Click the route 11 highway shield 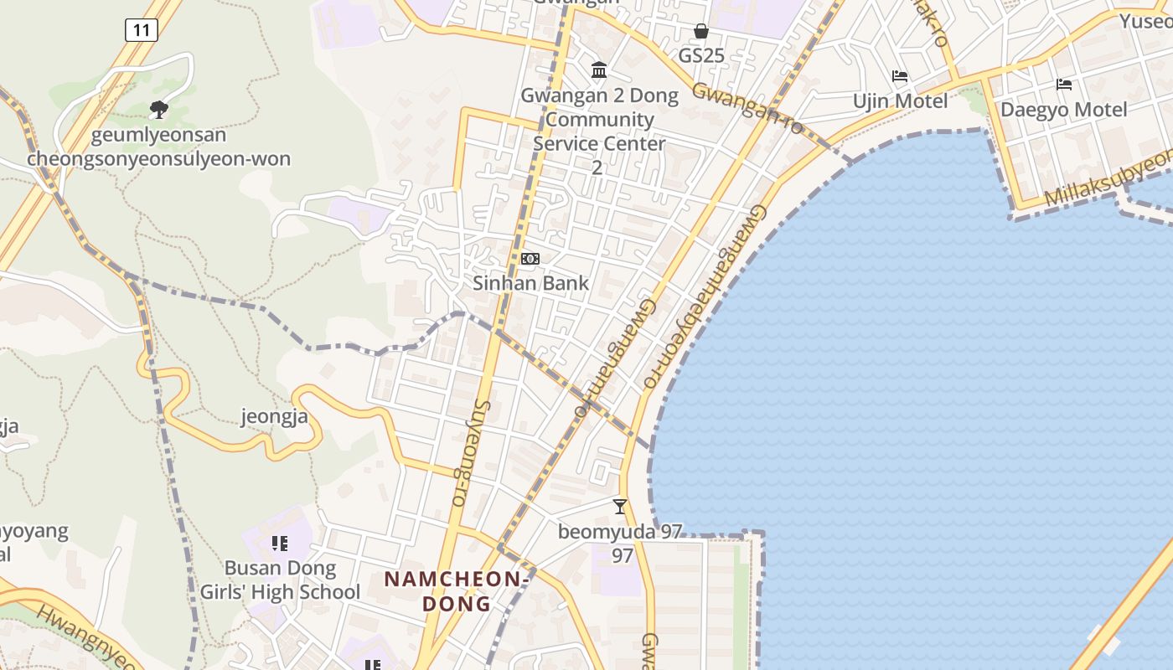(x=141, y=31)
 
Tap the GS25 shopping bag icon (x=701, y=32)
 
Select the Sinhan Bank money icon (x=530, y=259)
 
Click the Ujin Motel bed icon (x=900, y=76)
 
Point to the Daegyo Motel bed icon (x=1064, y=85)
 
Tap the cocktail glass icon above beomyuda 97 (x=620, y=506)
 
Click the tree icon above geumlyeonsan (x=158, y=109)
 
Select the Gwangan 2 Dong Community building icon (x=599, y=70)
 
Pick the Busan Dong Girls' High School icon (x=280, y=544)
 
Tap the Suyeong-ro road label (x=469, y=452)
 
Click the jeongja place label (x=275, y=416)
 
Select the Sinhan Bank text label (x=531, y=283)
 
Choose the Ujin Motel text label (x=900, y=101)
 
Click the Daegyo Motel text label (x=1064, y=110)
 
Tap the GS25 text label (x=701, y=56)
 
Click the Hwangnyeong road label (x=84, y=635)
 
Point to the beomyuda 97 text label (x=621, y=532)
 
